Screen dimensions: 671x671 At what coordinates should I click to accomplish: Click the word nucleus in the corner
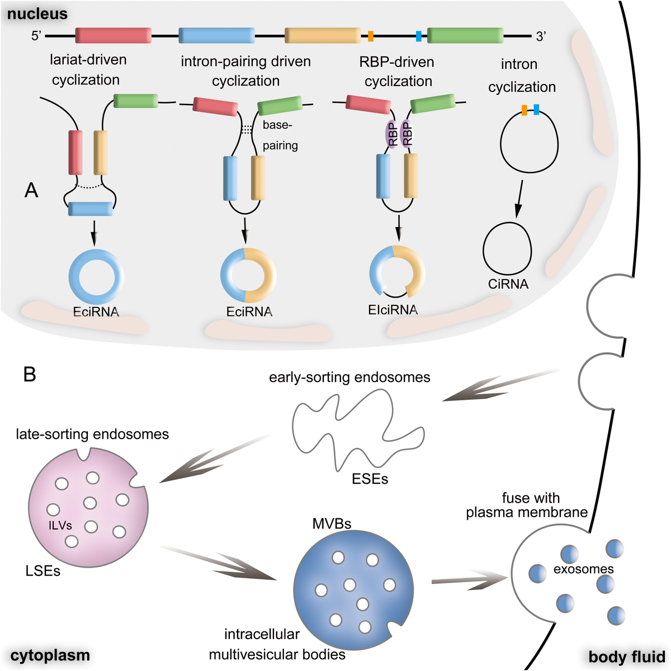coord(37,13)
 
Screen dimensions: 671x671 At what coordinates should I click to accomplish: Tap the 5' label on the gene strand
coord(36,36)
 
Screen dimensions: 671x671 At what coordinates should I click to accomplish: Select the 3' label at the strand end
coord(541,36)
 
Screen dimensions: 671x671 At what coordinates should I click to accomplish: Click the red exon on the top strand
coord(114,35)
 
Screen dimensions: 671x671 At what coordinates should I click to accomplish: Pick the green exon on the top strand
coord(465,35)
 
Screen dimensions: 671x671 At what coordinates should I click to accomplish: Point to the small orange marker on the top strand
coord(371,36)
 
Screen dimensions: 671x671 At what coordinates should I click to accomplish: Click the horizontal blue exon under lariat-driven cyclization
coord(91,209)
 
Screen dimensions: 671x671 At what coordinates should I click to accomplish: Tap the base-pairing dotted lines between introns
coord(247,129)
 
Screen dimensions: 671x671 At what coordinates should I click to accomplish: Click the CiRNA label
coord(508,284)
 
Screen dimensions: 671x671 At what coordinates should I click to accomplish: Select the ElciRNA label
coord(393,310)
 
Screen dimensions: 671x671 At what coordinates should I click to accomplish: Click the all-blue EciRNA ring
coord(96,276)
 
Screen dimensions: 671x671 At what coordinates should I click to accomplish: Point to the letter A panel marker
coord(31,191)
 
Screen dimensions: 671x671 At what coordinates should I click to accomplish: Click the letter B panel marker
coord(30,374)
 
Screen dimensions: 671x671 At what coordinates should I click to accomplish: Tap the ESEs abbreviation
coord(370,479)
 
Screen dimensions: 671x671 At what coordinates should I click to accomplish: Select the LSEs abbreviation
coord(43,571)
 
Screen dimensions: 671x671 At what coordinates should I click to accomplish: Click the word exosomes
coord(583,569)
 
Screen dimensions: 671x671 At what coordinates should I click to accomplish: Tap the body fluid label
coord(626,656)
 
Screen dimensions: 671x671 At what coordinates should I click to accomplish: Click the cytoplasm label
coord(50,655)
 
